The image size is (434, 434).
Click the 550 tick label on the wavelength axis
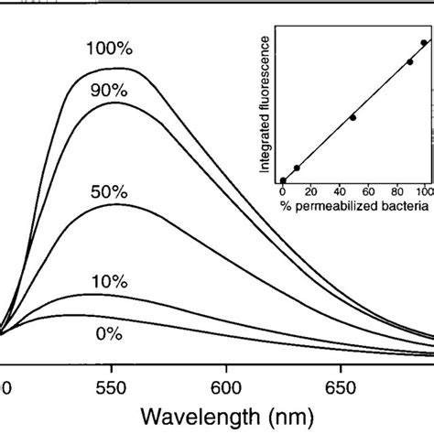pyautogui.click(x=112, y=387)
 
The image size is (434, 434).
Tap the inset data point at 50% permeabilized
pyautogui.click(x=353, y=118)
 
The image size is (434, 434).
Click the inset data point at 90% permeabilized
pyautogui.click(x=409, y=62)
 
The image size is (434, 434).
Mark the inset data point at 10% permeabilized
pyautogui.click(x=297, y=168)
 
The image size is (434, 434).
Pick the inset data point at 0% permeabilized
pyautogui.click(x=283, y=180)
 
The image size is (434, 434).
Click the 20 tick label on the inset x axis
pyautogui.click(x=311, y=190)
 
